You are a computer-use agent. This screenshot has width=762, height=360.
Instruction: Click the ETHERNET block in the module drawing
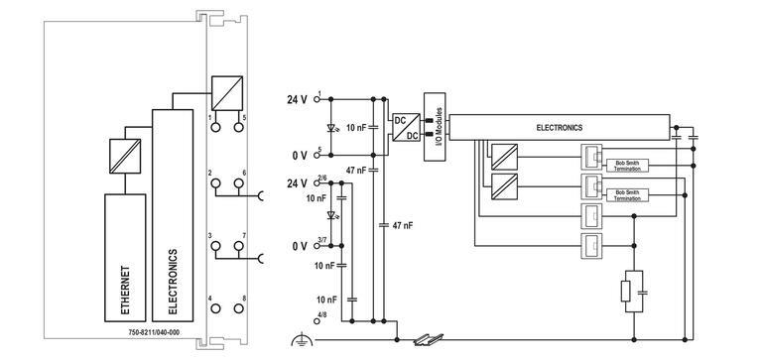click(125, 258)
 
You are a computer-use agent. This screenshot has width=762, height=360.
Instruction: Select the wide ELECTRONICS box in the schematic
click(560, 128)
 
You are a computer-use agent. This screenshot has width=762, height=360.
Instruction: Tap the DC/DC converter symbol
click(406, 127)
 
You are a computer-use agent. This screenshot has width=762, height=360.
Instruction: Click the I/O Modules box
click(435, 127)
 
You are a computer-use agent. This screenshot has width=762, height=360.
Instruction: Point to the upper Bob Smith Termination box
click(628, 166)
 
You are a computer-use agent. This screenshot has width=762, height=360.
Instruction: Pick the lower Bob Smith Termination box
click(628, 195)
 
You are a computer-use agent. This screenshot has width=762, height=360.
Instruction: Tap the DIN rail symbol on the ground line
click(429, 339)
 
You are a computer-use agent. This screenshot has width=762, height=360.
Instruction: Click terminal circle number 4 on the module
click(215, 308)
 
